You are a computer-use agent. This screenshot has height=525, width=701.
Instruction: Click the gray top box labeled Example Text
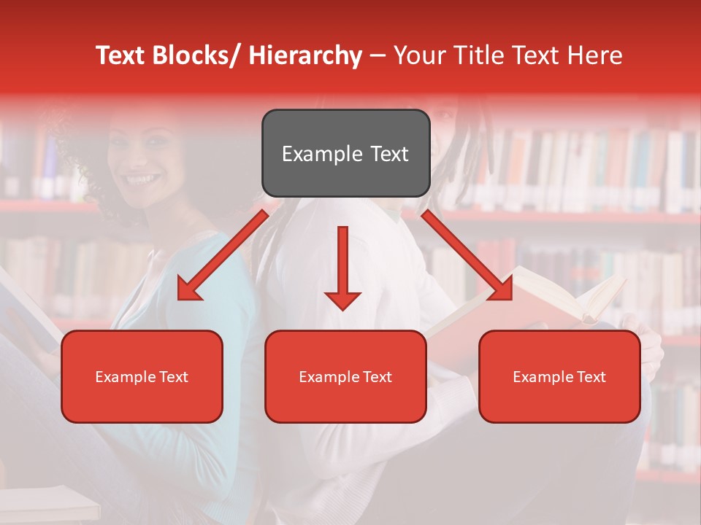click(345, 153)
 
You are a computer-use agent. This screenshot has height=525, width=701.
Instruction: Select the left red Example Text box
click(142, 376)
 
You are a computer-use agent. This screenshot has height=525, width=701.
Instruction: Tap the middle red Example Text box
click(345, 376)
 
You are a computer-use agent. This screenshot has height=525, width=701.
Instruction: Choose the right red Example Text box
click(559, 376)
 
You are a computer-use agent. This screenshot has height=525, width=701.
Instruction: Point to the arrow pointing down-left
click(223, 255)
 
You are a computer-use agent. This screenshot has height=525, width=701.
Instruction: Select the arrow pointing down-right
click(467, 255)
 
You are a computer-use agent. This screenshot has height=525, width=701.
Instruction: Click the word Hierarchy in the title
click(305, 55)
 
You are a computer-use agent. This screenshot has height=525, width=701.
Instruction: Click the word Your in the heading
click(418, 55)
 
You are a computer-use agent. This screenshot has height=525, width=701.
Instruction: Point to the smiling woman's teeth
click(143, 178)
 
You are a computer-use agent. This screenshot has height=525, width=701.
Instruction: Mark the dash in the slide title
click(378, 55)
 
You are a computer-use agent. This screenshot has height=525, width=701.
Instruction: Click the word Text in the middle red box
click(377, 376)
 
